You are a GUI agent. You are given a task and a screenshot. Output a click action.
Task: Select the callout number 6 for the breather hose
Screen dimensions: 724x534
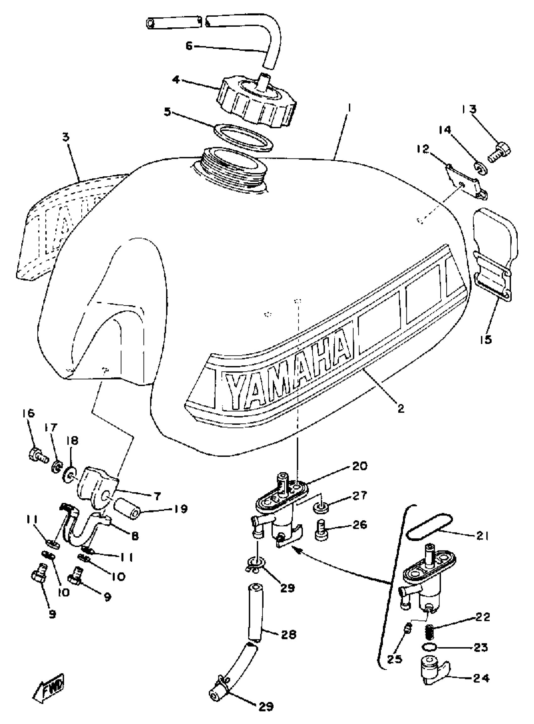coord(189,46)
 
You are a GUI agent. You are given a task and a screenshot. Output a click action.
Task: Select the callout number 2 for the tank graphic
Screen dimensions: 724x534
coord(401,409)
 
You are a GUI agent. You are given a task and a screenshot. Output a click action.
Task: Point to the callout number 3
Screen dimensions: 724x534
coord(66,137)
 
